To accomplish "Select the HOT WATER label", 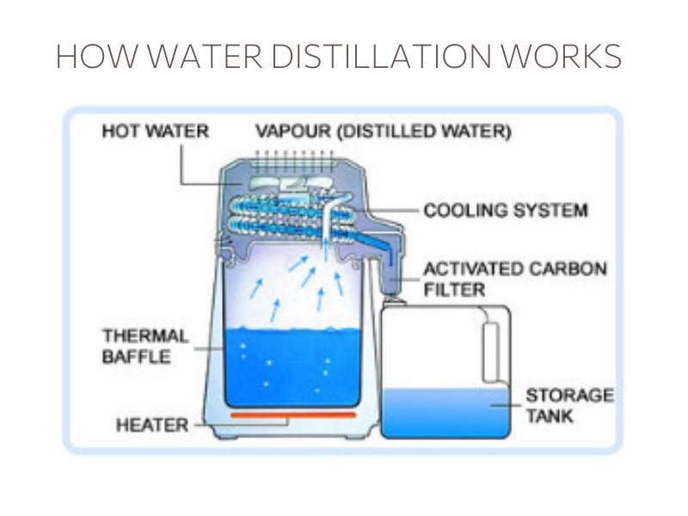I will tap(155, 132).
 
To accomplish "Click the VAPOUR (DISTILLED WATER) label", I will tap(384, 132).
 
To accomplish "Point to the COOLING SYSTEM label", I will tap(506, 210).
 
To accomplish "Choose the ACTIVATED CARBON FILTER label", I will tap(514, 279).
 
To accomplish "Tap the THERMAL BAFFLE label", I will tap(144, 346).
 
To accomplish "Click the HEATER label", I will tap(151, 424).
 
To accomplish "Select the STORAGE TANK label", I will tap(569, 407).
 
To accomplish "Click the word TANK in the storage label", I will tap(551, 417).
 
